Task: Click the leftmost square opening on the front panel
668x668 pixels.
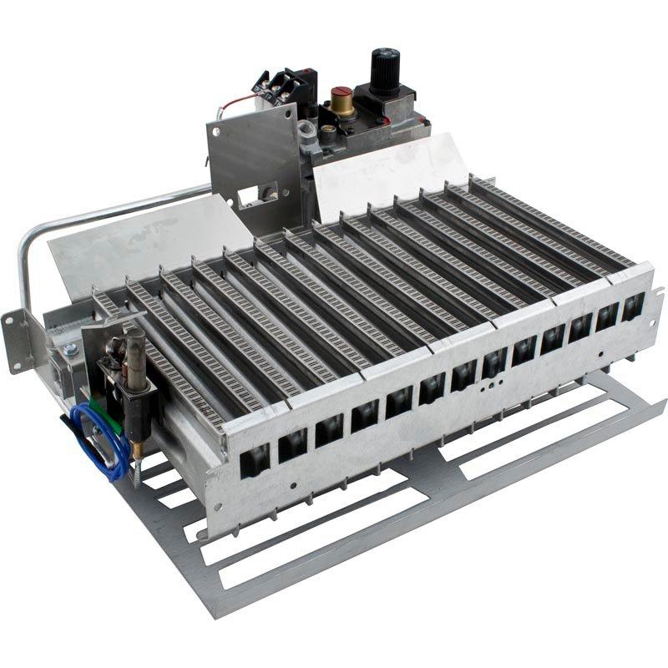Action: [x=255, y=459]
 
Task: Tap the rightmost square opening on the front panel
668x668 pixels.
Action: [x=632, y=306]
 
